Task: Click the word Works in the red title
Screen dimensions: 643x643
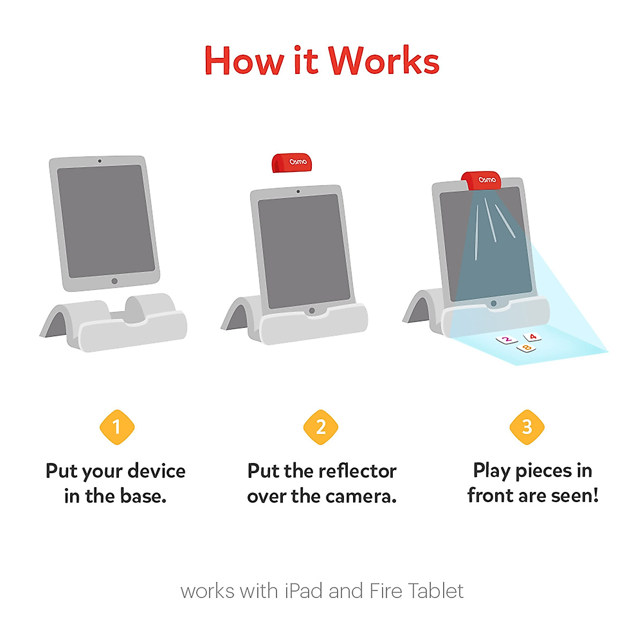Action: tap(384, 61)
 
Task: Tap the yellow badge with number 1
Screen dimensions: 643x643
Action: tap(117, 427)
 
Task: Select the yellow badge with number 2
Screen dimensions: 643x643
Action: tap(320, 427)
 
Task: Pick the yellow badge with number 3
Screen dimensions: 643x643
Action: tap(527, 427)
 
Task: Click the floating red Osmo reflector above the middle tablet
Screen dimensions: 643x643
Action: tap(292, 163)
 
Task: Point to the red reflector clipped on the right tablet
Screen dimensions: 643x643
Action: tap(482, 180)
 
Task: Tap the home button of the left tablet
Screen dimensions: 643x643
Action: tap(114, 281)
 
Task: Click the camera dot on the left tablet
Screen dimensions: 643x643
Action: tap(100, 161)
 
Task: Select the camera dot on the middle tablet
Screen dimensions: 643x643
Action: tap(298, 191)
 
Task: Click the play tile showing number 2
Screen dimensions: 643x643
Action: tap(506, 339)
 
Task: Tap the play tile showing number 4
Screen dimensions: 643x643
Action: tap(532, 337)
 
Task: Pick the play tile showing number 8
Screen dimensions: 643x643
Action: tap(526, 348)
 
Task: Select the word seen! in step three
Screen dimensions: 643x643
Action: tap(574, 496)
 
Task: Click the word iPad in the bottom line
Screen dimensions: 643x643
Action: tap(304, 591)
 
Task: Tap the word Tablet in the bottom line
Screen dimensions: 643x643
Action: tap(435, 591)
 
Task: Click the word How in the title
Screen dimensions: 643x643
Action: tap(244, 61)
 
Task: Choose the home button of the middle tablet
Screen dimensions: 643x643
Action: tap(312, 310)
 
